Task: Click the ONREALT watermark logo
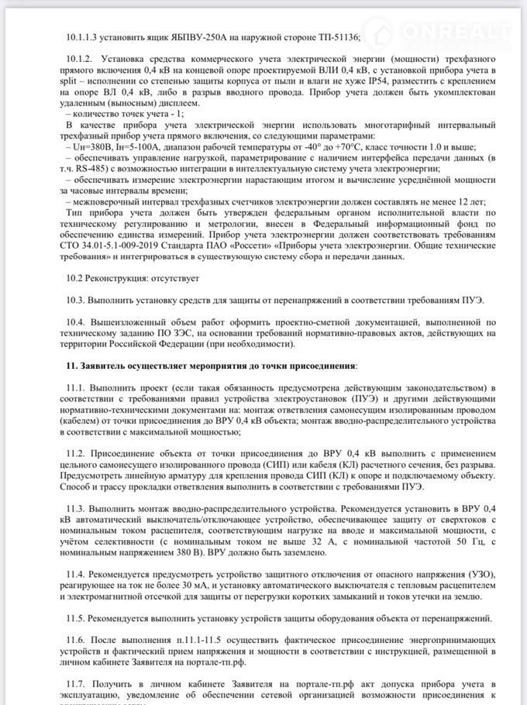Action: click(x=445, y=32)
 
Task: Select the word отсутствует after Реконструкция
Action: click(x=175, y=277)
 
